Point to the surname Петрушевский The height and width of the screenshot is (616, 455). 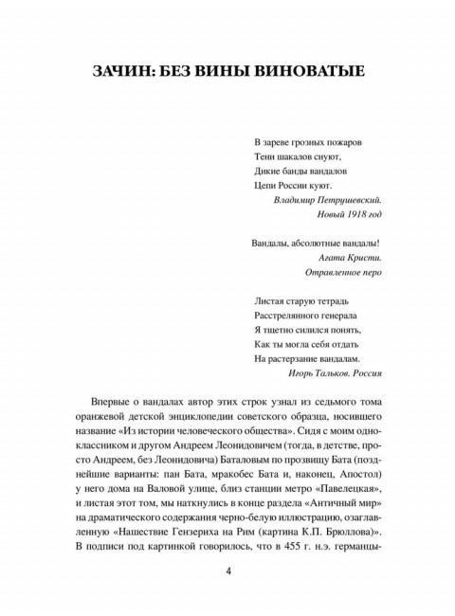[x=345, y=200]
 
